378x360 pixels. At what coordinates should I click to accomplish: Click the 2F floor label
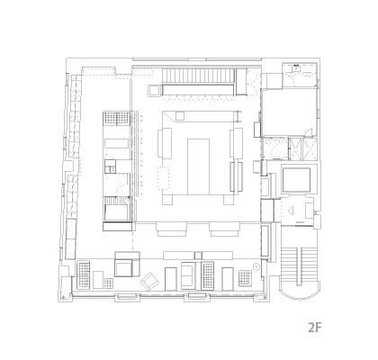coord(315,328)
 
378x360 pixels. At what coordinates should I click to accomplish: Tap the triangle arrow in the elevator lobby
coord(291,211)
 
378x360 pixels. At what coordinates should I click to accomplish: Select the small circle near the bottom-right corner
coord(256,266)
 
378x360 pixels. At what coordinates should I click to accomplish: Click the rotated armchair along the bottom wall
coord(149,282)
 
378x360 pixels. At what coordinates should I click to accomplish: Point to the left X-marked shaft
coord(295,148)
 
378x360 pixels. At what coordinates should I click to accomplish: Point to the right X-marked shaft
coord(310,148)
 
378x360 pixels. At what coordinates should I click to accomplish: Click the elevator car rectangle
coord(296,180)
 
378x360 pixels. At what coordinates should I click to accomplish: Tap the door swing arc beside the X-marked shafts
coord(309,132)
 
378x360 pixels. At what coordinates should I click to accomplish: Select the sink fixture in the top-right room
coord(296,67)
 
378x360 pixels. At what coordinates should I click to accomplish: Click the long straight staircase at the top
coord(198,76)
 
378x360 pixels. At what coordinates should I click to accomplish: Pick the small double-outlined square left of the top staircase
coord(154,91)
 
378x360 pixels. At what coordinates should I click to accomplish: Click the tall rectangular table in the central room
coord(198,166)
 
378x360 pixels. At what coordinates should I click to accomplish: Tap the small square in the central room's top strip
coord(180,116)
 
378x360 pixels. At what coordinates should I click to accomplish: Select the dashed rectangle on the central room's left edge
coord(164,178)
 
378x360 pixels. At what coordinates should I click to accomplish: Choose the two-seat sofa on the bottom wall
coord(189,275)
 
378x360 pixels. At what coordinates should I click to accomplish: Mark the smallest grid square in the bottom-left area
coord(109,283)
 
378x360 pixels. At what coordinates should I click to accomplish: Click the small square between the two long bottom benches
coord(198,256)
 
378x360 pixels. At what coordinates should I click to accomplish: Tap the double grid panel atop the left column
coord(117,118)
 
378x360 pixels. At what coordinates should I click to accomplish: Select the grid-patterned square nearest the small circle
coord(245,278)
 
